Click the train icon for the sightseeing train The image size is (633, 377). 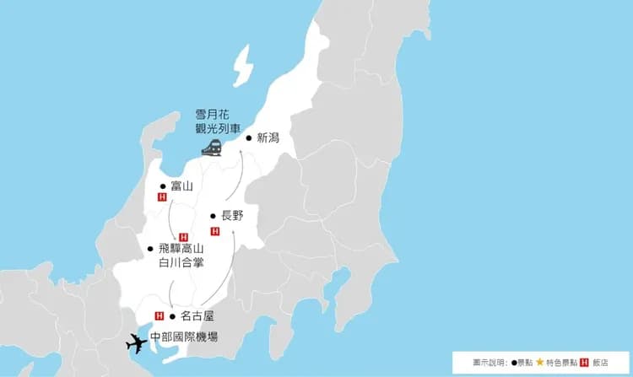[212, 148]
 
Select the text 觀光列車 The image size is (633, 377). [213, 129]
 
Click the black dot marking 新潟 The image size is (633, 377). [248, 137]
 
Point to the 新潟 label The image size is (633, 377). [268, 137]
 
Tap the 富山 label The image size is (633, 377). [181, 186]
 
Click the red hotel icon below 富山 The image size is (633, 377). [162, 197]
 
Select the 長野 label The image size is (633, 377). [232, 216]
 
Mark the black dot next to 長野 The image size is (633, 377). [213, 216]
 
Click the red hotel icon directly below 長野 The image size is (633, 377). [214, 230]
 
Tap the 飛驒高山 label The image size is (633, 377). [181, 249]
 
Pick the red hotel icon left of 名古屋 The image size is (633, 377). [158, 316]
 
